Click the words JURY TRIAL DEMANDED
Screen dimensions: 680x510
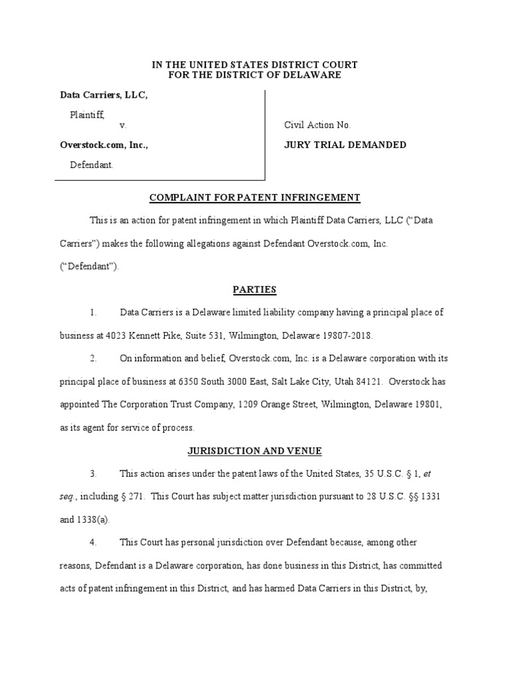[345, 145]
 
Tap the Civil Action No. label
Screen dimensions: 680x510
[317, 125]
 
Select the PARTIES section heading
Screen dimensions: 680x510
[255, 290]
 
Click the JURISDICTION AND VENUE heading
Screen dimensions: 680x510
[255, 451]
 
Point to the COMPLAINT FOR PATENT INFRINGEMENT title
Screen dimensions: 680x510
[255, 197]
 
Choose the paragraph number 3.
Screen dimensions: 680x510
[94, 473]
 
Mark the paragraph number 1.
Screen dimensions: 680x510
[94, 312]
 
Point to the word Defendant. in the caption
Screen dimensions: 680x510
[92, 165]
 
